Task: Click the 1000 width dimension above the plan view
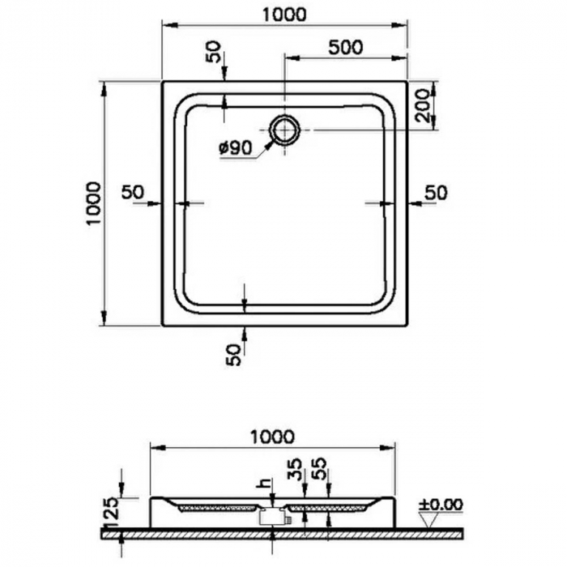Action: tap(284, 14)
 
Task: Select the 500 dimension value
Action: tap(345, 47)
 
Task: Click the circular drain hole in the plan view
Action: tap(284, 129)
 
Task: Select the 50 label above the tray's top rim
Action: tap(213, 53)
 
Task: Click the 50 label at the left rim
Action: tap(132, 192)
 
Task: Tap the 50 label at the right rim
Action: tap(436, 192)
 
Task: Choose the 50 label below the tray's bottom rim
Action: tap(233, 353)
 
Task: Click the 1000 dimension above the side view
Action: tap(272, 437)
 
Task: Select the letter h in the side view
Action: tap(262, 484)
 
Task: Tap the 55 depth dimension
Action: tap(322, 471)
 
